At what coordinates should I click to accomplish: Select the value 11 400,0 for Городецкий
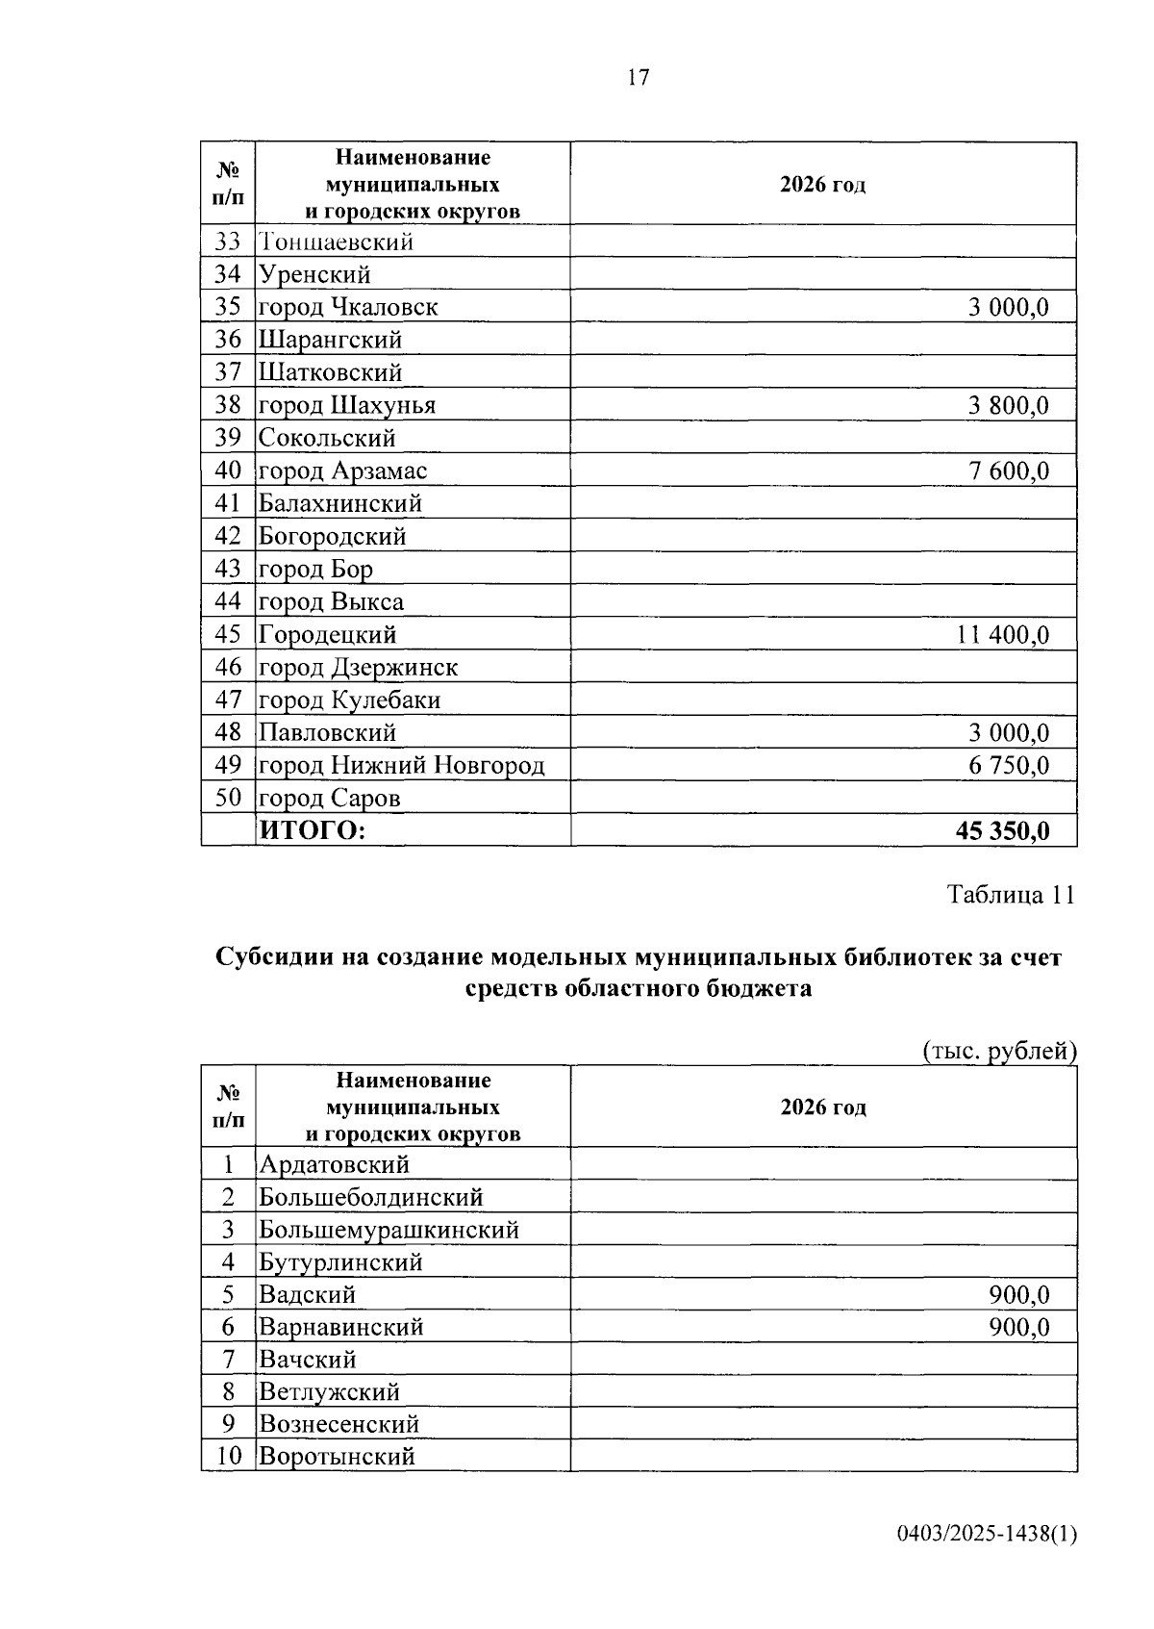click(x=1002, y=635)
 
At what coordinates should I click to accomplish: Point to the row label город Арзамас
click(x=342, y=471)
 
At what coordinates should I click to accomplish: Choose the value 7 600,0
click(x=1008, y=471)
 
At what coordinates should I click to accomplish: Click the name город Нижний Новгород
click(x=401, y=766)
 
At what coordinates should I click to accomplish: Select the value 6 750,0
click(x=1008, y=766)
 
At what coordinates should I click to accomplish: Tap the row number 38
click(x=228, y=405)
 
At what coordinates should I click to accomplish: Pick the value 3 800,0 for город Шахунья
click(x=1008, y=406)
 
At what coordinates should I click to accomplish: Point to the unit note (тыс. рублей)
click(x=999, y=1052)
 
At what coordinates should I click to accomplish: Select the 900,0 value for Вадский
click(x=1018, y=1295)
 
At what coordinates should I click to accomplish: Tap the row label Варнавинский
click(x=341, y=1328)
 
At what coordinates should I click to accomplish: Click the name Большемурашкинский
click(x=389, y=1230)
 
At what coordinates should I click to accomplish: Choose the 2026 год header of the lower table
click(x=823, y=1107)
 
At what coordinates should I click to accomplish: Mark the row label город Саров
click(x=329, y=799)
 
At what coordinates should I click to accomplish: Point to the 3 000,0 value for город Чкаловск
click(x=1008, y=308)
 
